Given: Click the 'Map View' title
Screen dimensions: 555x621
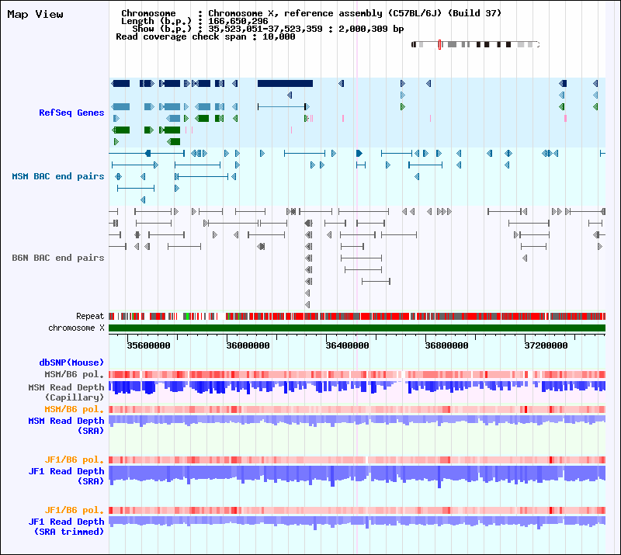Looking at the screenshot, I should (35, 14).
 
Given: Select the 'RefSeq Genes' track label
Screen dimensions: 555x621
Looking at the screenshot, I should (71, 113).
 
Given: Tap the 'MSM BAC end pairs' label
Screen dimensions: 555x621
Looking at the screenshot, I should (57, 176).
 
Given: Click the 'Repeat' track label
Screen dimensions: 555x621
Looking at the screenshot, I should (90, 317).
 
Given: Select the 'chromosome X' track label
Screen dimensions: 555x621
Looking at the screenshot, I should (76, 328).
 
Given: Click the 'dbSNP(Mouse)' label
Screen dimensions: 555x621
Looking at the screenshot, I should (71, 362).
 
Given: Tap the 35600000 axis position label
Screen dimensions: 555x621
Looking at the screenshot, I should (149, 345).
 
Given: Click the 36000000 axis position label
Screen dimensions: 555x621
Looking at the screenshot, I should (248, 345).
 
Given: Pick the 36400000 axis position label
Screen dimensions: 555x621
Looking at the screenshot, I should (347, 345).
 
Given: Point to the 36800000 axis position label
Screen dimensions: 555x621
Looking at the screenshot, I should (446, 345).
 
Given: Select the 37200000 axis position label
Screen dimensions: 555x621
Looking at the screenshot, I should (545, 345).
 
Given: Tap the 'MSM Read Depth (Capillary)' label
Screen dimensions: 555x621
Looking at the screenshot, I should (66, 392).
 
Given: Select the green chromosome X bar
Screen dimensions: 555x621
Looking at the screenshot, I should (357, 328).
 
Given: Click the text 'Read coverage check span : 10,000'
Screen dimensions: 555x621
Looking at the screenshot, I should (205, 36).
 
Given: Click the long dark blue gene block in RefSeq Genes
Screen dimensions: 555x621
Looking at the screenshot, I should (285, 83).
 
